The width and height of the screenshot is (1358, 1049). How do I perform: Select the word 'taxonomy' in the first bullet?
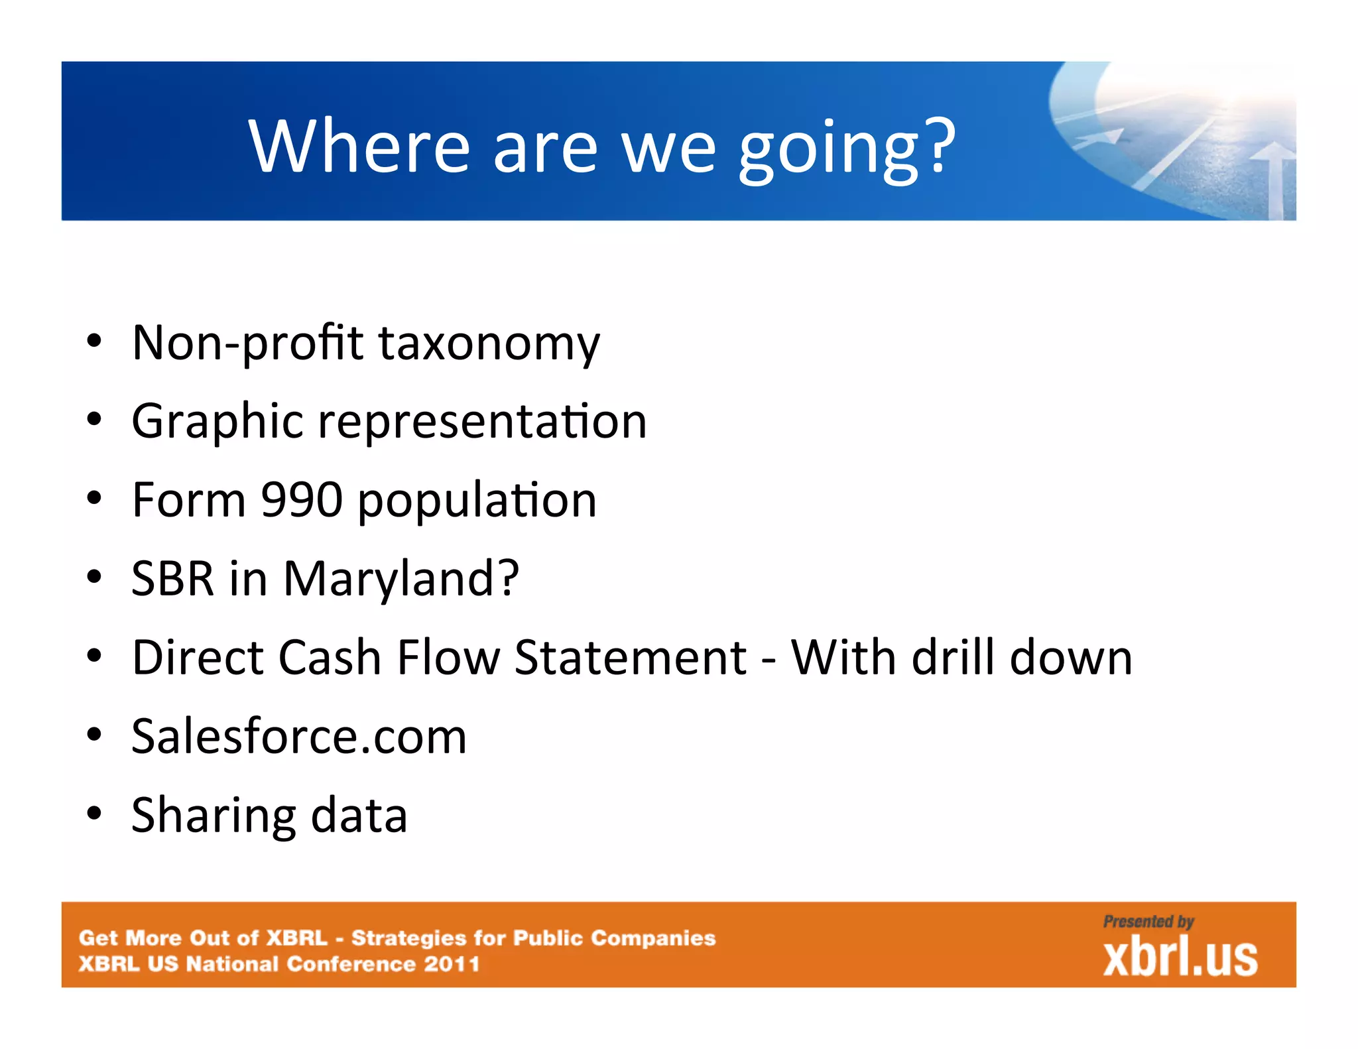pos(489,343)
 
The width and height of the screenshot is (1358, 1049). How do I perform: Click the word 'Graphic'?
pos(217,422)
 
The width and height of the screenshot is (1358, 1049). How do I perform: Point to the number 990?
pos(302,500)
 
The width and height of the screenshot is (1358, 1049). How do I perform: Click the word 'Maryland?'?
pos(401,579)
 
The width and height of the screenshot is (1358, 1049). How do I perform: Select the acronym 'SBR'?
pos(172,579)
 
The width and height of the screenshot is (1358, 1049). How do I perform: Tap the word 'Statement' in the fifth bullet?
pos(630,658)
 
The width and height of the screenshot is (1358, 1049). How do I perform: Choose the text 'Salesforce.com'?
pos(299,737)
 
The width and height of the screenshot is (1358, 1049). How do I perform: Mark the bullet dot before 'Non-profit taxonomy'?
pos(94,342)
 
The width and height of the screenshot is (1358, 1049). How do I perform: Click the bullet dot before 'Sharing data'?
pos(94,814)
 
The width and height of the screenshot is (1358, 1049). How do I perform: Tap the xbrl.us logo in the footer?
pos(1180,957)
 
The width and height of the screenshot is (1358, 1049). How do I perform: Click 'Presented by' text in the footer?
pos(1148,922)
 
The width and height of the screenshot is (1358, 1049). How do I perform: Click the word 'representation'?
pos(482,422)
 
